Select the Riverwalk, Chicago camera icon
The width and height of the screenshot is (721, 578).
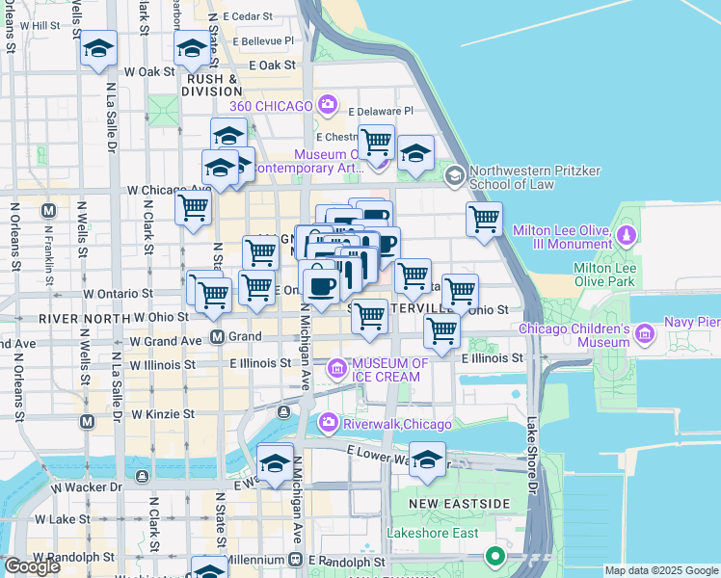pyautogui.click(x=329, y=422)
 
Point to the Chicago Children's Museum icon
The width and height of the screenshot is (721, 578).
pyautogui.click(x=644, y=334)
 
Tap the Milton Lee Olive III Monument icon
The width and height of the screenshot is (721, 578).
pyautogui.click(x=627, y=235)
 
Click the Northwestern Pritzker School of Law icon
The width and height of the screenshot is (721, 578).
pyautogui.click(x=454, y=176)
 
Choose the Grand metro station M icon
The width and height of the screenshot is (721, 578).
pyautogui.click(x=218, y=337)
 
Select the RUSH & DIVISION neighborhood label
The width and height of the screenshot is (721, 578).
pyautogui.click(x=212, y=85)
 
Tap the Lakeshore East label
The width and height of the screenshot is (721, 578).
pyautogui.click(x=425, y=532)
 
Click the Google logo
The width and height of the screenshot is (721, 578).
pyautogui.click(x=32, y=566)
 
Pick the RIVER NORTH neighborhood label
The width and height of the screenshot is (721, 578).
pyautogui.click(x=84, y=318)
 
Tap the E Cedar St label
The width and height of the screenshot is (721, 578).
pyautogui.click(x=247, y=16)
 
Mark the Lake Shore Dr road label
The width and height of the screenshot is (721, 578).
pyautogui.click(x=531, y=452)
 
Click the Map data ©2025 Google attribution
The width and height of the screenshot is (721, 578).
pyautogui.click(x=661, y=570)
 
